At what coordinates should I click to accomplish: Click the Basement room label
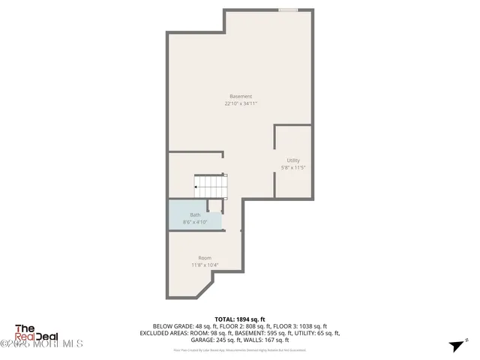[x=241, y=96]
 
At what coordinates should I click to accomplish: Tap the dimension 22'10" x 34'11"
[x=241, y=104]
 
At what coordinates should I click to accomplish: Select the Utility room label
[x=293, y=160]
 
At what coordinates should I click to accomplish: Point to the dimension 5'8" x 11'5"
[x=293, y=168]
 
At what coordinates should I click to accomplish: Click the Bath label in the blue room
[x=195, y=214]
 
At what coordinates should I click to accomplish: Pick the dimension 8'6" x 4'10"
[x=195, y=223]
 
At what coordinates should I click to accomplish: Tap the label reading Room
[x=205, y=257]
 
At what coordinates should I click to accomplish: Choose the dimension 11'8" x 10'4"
[x=205, y=265]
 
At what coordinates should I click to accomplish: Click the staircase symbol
[x=210, y=184]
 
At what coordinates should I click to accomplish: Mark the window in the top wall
[x=289, y=10]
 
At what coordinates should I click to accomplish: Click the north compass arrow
[x=454, y=346]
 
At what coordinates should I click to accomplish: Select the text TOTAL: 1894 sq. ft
[x=240, y=319]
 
